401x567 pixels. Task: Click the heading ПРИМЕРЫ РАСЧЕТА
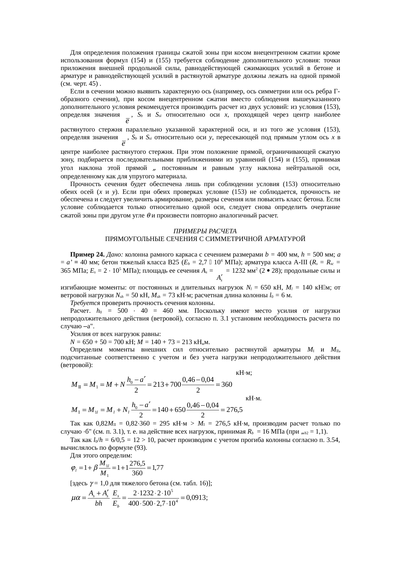(x=205, y=231)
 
